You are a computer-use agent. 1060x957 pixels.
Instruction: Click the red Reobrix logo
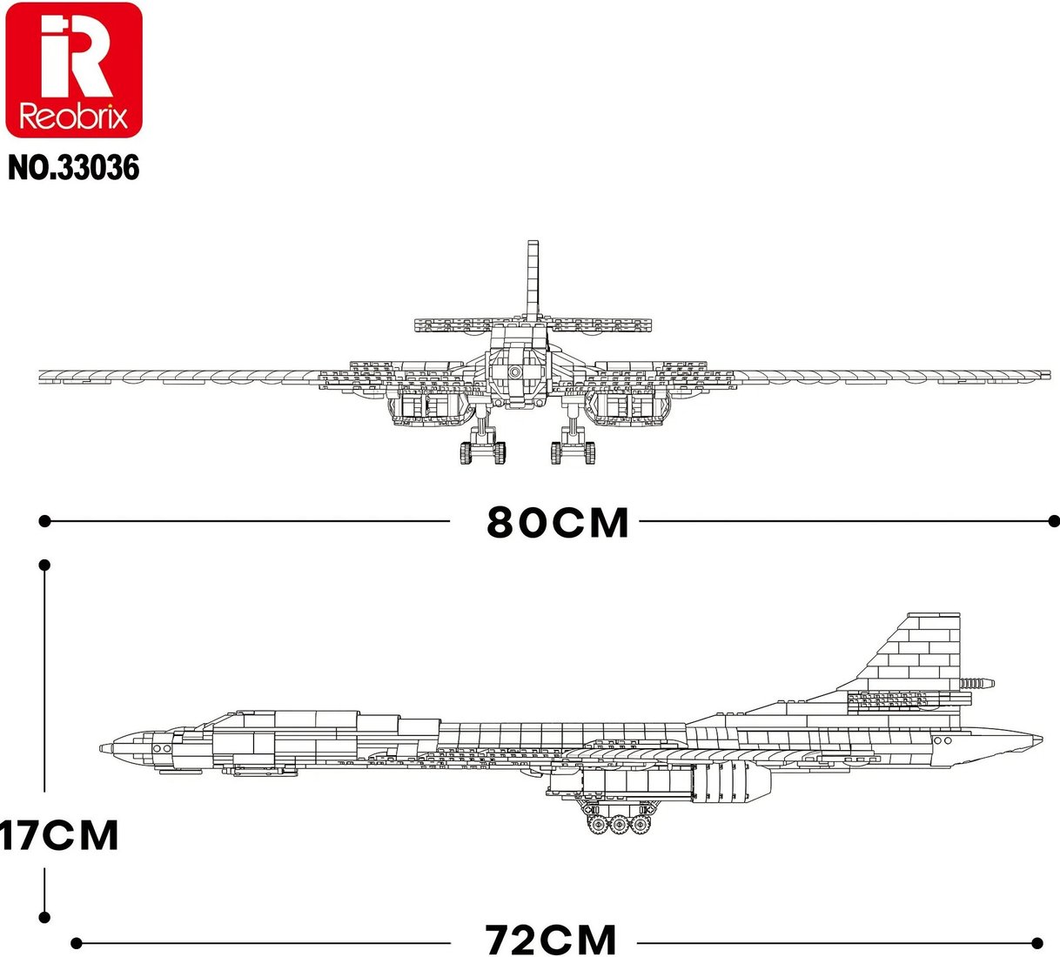click(73, 70)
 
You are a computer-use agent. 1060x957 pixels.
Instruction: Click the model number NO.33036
click(74, 168)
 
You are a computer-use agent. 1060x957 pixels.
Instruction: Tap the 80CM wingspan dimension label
click(558, 522)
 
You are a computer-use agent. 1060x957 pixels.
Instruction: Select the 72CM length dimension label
click(550, 940)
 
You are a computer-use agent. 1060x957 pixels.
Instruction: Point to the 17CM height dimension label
click(59, 835)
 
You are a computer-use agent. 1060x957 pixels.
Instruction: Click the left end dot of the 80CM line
click(45, 522)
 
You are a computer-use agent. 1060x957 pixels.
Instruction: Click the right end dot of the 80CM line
click(1054, 522)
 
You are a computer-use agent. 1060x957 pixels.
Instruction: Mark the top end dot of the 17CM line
click(45, 565)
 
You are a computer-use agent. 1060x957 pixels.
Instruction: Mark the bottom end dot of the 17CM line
click(45, 917)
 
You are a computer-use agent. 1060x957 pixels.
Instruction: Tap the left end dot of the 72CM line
click(77, 943)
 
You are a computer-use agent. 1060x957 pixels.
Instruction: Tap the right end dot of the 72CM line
click(1037, 943)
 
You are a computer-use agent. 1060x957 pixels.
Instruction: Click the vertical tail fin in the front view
click(533, 280)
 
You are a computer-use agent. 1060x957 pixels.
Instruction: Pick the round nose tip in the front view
click(514, 372)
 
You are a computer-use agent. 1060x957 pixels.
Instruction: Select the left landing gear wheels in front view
click(483, 453)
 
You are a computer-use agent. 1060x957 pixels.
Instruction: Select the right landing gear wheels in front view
click(573, 453)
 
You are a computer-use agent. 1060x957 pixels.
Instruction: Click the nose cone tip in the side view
click(102, 748)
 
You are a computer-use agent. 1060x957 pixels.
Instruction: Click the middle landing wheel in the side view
click(619, 825)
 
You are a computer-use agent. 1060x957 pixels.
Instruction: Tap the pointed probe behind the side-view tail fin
click(977, 683)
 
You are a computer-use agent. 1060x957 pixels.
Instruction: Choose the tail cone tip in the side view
click(1040, 739)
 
